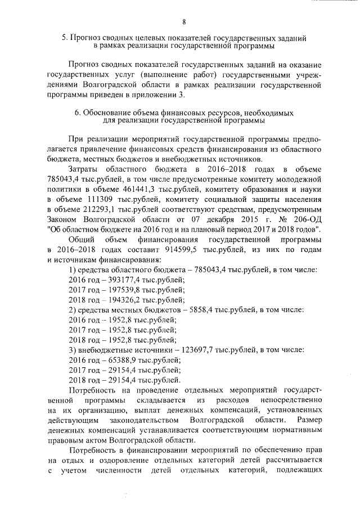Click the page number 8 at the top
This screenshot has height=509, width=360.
[x=184, y=22]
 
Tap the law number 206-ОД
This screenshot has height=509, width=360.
[x=305, y=219]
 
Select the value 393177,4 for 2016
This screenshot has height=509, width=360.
[x=120, y=280]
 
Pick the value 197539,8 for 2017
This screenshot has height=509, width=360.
[x=120, y=290]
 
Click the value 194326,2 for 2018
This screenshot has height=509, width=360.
[x=120, y=300]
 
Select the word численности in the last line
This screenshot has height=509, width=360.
[x=130, y=471]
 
